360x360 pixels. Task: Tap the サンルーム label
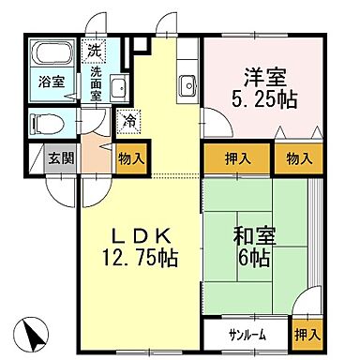coord(245,332)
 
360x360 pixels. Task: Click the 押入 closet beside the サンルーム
coord(306,334)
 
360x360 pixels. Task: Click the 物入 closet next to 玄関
coord(128,159)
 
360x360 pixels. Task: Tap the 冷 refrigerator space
coord(127,120)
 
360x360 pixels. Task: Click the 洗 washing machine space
coord(94,50)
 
